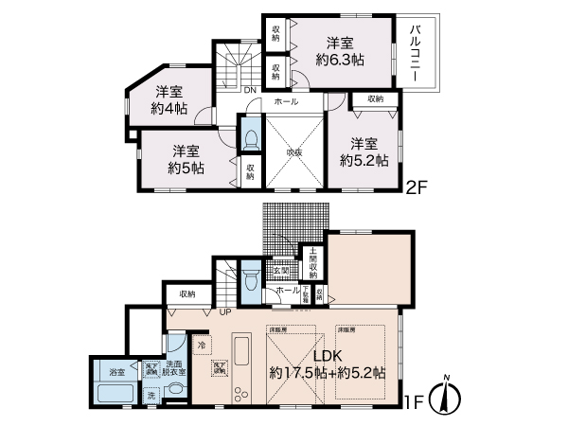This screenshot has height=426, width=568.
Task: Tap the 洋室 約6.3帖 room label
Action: point(340,51)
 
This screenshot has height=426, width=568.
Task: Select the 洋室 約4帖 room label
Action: point(169,100)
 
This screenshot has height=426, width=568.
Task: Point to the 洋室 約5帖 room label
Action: point(185,160)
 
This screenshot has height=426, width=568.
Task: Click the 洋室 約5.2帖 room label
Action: point(364,151)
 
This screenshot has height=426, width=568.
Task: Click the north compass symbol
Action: point(445,396)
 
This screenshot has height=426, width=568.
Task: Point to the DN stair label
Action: point(249,91)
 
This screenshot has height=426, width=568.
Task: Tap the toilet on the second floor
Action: point(249,138)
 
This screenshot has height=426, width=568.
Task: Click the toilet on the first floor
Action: point(249,280)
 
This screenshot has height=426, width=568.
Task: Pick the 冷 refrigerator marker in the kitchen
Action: point(201,346)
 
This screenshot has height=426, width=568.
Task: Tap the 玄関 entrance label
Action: point(281,272)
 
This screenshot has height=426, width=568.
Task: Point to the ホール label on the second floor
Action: point(286,101)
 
